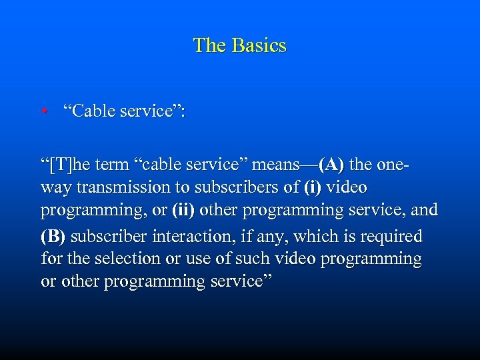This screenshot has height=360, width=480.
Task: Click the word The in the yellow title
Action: point(209,45)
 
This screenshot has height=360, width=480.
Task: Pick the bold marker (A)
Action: point(331,164)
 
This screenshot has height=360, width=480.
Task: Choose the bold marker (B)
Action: point(53,236)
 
